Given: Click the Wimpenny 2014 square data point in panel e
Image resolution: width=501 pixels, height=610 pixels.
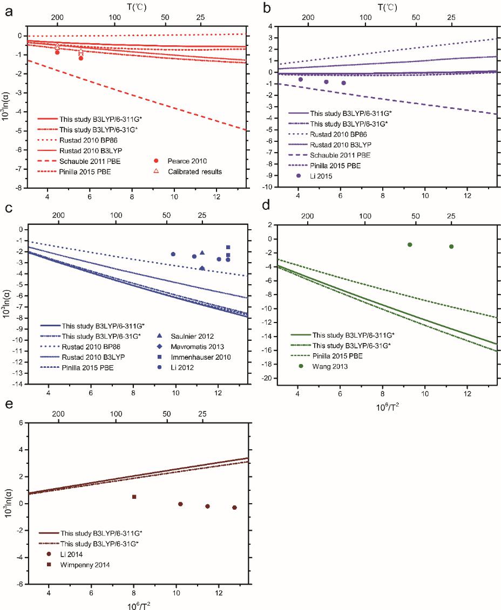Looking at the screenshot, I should click(x=134, y=497).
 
